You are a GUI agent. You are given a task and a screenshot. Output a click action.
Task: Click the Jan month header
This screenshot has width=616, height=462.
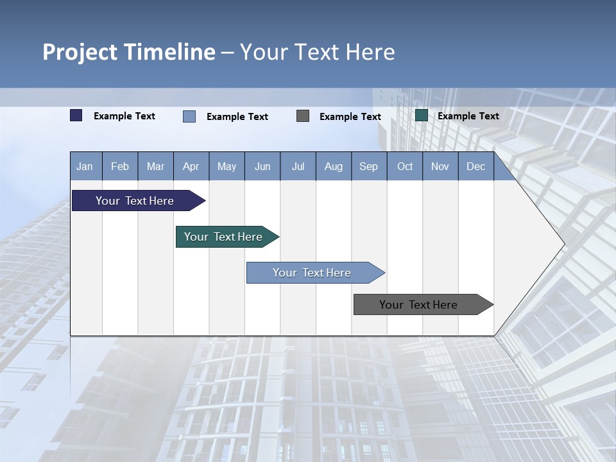tap(85, 166)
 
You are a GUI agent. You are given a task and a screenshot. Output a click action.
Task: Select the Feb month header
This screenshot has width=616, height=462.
tap(120, 166)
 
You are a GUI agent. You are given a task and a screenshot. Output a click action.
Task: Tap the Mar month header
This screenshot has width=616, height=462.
tap(155, 166)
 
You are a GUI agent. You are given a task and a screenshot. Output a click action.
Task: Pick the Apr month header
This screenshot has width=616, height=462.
tap(191, 166)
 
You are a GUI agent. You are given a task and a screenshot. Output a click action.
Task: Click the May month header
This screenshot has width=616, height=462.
tap(227, 166)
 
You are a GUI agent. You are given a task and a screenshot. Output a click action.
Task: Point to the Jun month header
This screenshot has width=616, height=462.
tap(262, 166)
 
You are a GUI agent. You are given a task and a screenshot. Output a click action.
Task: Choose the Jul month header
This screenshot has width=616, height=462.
tap(298, 166)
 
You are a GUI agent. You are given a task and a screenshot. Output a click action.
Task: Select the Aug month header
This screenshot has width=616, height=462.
tap(334, 166)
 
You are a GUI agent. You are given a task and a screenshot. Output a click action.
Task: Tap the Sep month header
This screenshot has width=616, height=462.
tap(369, 166)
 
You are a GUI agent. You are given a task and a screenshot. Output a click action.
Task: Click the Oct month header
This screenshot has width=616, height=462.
tap(405, 166)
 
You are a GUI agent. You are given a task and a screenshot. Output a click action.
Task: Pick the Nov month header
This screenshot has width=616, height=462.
tap(440, 166)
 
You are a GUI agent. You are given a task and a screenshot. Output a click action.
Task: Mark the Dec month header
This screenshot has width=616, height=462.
tap(476, 166)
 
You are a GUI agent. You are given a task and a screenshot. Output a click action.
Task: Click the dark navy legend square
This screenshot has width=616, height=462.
tap(76, 116)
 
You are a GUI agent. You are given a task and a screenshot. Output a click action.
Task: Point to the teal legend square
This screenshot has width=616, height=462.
tap(422, 116)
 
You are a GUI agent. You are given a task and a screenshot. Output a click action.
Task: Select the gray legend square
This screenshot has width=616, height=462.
tap(303, 116)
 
